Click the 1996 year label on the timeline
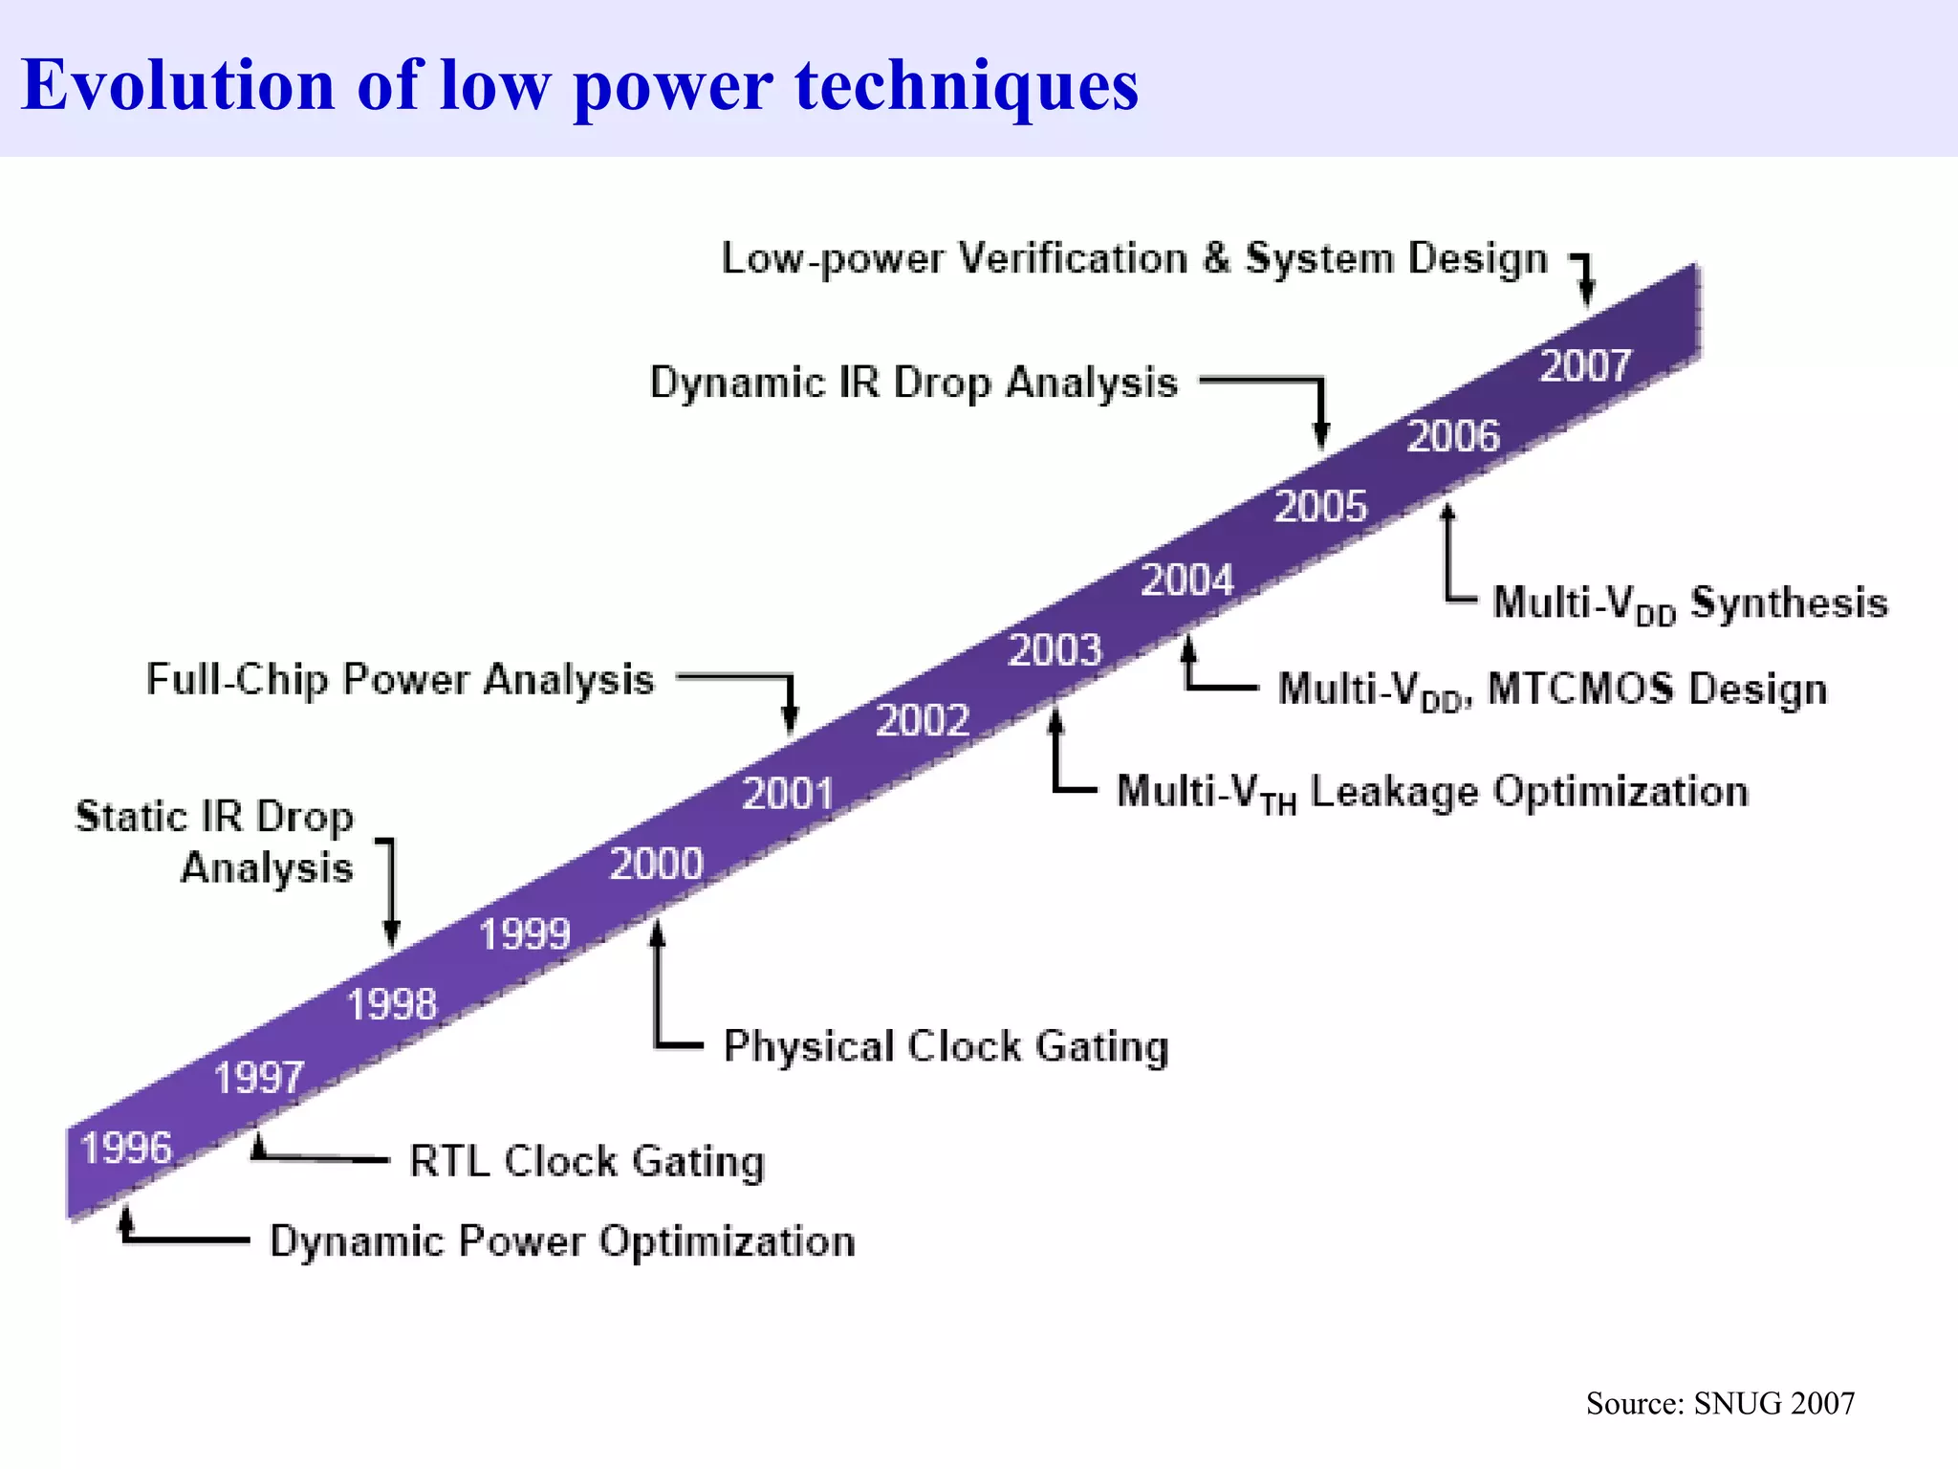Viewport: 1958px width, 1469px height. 126,1148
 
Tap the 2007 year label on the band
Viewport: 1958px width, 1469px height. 1585,366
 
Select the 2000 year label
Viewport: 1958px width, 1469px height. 657,865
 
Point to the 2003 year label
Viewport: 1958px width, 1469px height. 1055,650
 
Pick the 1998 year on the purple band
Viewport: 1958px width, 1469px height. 392,1004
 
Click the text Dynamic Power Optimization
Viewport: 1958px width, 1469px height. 562,1241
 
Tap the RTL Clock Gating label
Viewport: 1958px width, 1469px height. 587,1161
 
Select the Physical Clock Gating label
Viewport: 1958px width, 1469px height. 946,1046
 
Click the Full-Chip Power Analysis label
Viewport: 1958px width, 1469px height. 400,680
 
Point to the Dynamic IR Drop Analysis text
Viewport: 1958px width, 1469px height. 913,383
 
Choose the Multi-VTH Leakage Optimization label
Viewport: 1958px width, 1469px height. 1432,793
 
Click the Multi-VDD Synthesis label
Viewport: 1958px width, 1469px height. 1690,603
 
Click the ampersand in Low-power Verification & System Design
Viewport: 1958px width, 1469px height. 1216,258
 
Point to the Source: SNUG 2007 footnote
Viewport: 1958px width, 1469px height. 1720,1403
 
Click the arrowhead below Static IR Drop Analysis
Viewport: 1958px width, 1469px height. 391,932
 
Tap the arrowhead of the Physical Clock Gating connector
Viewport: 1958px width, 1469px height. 657,932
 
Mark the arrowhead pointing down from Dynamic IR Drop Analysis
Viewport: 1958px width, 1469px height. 1321,435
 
